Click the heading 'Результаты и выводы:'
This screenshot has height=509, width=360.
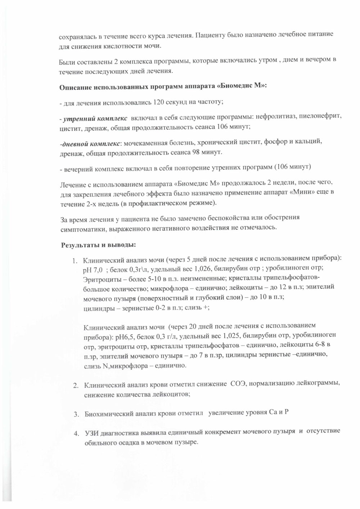[x=98, y=245]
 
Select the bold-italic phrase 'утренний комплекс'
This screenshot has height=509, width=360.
[x=95, y=118]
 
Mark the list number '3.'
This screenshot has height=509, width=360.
[x=76, y=414]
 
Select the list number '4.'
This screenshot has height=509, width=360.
[x=76, y=432]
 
